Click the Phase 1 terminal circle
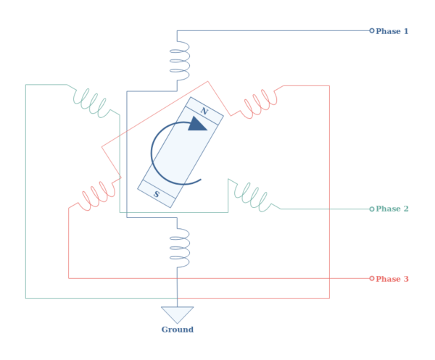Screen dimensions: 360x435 point(372,30)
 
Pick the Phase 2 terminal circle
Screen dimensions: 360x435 point(372,209)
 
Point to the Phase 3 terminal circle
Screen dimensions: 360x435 point(372,278)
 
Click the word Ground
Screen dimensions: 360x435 point(177,330)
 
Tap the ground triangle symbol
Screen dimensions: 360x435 point(177,314)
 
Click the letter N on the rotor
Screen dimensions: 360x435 point(204,111)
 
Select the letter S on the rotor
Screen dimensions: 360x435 point(157,193)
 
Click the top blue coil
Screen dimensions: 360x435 point(179,60)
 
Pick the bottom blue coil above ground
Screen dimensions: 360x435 point(179,248)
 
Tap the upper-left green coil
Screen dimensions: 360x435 point(93,102)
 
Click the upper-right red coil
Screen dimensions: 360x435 point(261,102)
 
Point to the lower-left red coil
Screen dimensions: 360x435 point(96,195)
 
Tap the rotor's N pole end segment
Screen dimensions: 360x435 point(204,111)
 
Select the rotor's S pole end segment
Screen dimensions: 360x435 point(157,193)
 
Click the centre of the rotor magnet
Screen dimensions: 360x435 point(181,152)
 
